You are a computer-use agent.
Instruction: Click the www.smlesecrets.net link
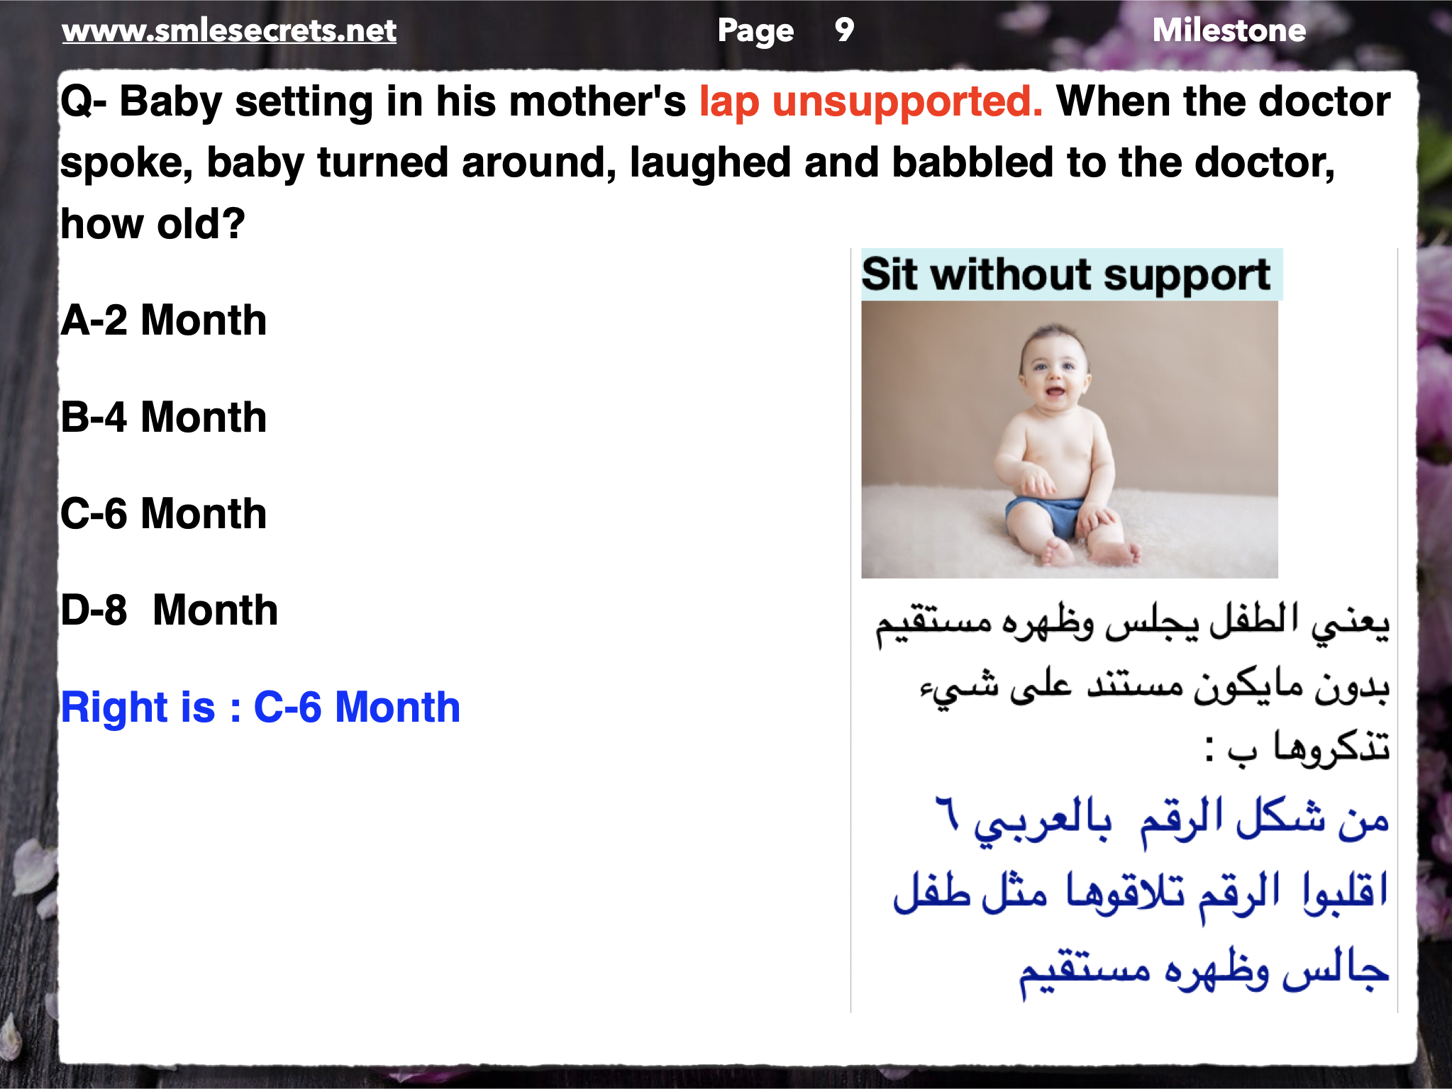229,30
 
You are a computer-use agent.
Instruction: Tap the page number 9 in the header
844,30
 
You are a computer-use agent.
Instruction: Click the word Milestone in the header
1229,30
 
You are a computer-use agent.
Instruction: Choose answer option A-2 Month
164,320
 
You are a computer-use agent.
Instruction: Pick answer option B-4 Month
164,417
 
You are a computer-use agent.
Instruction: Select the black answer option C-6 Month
164,513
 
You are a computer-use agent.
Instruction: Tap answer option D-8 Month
170,610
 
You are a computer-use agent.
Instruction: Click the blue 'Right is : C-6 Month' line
261,707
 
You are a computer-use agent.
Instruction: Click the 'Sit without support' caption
1066,275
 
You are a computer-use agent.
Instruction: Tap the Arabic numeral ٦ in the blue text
947,812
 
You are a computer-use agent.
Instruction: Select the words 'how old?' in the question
153,224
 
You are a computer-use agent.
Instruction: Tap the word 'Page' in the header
755,31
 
